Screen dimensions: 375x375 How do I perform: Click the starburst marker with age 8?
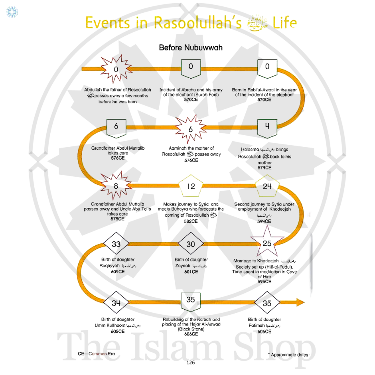coord(116,186)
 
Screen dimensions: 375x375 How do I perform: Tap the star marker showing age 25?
coord(267,243)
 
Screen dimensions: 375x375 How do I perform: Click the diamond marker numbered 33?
coord(116,244)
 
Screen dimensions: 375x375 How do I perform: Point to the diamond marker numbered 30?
coord(191,244)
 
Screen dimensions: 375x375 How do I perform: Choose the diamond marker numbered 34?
coord(116,303)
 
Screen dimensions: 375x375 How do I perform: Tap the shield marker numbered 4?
coord(267,126)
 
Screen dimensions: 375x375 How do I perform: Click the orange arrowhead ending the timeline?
coord(300,302)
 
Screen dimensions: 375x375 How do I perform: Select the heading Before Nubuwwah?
coord(191,47)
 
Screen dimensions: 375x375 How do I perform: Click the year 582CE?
coord(191,221)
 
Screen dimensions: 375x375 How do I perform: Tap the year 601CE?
coord(191,272)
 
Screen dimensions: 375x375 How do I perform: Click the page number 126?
coord(190,363)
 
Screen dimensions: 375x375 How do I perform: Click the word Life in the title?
coord(285,23)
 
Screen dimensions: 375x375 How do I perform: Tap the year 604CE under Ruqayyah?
coord(118,272)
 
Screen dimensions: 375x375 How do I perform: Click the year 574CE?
coord(264,168)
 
